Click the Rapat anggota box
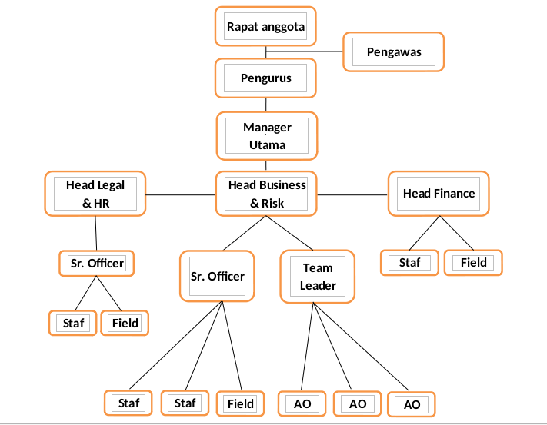(x=265, y=27)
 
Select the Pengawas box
(x=393, y=52)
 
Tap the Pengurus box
(x=265, y=78)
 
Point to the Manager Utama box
(x=266, y=135)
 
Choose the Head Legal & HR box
(x=95, y=193)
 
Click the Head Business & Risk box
(x=266, y=193)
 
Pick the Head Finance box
(x=439, y=193)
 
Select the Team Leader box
(x=318, y=277)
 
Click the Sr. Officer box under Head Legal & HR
(x=97, y=263)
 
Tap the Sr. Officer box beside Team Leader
(x=218, y=276)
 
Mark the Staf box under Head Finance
(x=410, y=262)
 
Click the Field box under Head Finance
(x=473, y=262)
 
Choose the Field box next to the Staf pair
(x=240, y=403)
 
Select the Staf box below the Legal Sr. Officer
(x=73, y=323)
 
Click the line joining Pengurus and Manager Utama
(x=266, y=105)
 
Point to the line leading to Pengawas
(x=308, y=51)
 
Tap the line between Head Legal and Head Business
(x=180, y=194)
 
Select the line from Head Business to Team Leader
(x=290, y=233)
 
